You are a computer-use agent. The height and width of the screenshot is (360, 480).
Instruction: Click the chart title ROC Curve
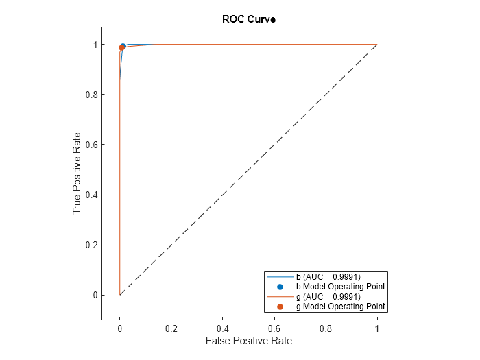click(x=248, y=19)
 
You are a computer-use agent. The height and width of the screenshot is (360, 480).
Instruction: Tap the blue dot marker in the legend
click(x=280, y=286)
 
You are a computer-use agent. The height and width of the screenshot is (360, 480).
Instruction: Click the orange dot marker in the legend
click(x=280, y=307)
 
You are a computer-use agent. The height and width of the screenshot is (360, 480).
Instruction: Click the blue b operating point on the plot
click(x=123, y=47)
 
